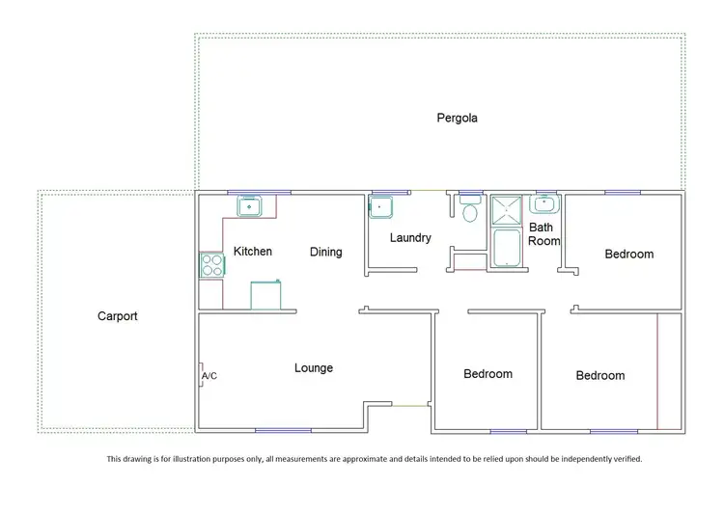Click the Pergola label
(x=457, y=119)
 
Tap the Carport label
(x=118, y=316)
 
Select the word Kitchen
(x=253, y=252)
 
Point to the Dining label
(x=325, y=253)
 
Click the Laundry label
(x=410, y=238)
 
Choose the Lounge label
(x=314, y=368)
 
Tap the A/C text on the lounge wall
(x=209, y=376)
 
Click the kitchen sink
(x=250, y=205)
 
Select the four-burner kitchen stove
(x=210, y=265)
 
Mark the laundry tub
(x=380, y=206)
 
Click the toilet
(x=471, y=210)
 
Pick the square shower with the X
(x=506, y=209)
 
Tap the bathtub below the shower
(x=506, y=247)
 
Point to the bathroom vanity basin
(x=545, y=204)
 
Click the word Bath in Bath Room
(x=541, y=228)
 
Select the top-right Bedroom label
(x=629, y=255)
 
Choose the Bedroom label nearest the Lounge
(x=487, y=374)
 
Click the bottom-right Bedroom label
(x=600, y=376)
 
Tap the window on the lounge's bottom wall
(x=283, y=430)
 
